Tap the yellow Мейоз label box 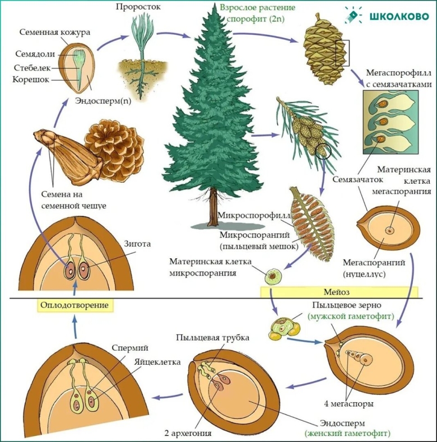tap(339, 292)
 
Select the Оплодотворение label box tap(73, 306)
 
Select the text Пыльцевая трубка tap(212, 338)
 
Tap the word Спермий tap(125, 348)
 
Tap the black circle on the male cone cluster tap(323, 150)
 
